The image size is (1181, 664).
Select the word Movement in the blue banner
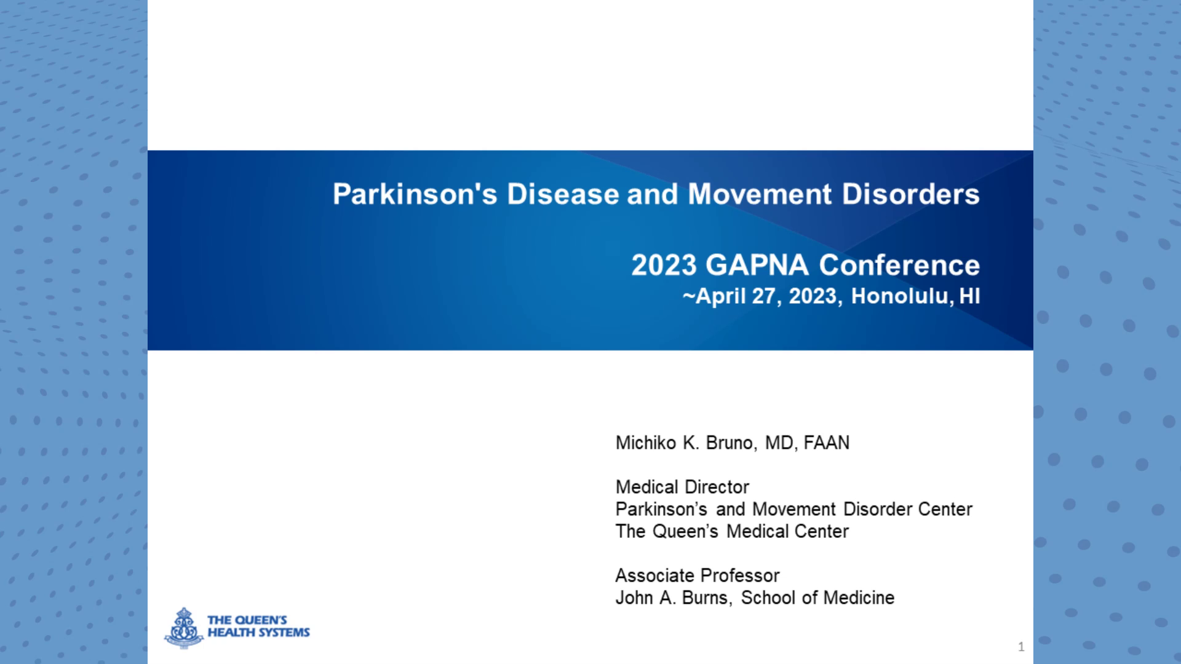759,194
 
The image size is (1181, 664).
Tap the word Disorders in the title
910,194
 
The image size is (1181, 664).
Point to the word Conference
899,266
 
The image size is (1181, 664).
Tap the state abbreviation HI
969,296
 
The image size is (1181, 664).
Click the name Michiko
646,443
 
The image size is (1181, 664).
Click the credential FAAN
826,443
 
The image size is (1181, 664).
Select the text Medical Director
682,487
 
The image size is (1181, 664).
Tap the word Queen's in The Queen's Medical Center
685,531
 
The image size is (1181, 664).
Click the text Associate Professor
697,575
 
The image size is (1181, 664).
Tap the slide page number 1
1021,647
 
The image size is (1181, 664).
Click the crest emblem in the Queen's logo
183,628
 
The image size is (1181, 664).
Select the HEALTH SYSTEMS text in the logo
258,633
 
